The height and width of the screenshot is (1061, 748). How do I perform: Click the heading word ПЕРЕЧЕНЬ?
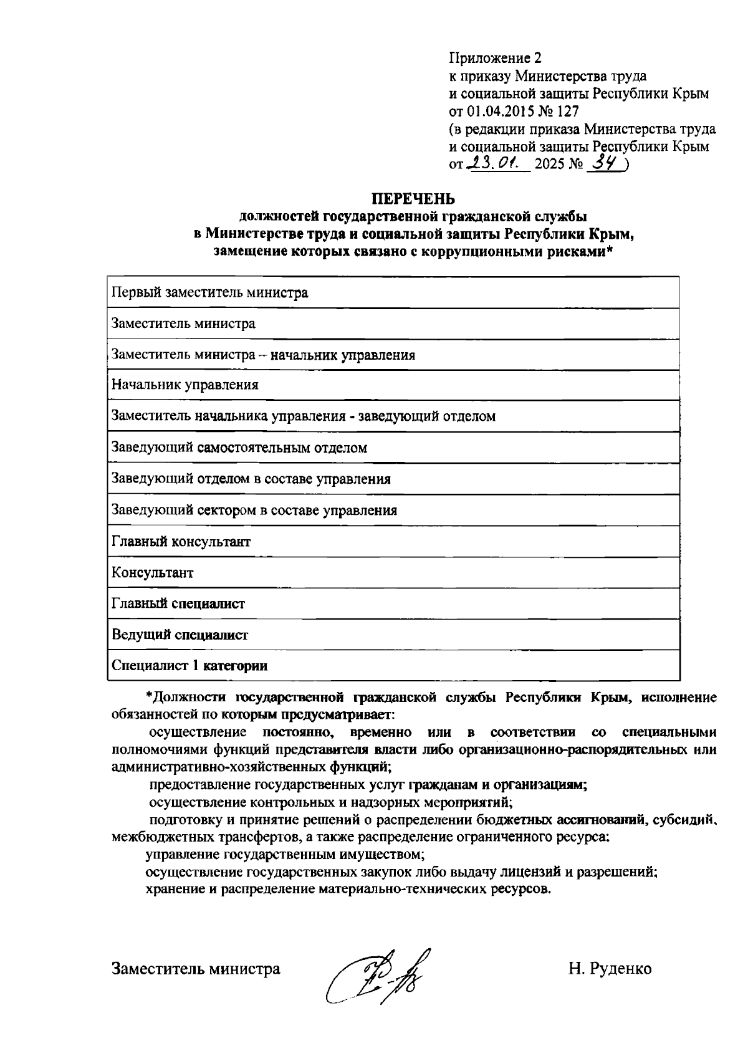click(413, 199)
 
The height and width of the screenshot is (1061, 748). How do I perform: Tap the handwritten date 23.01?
click(497, 164)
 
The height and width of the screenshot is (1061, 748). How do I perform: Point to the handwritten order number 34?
click(607, 163)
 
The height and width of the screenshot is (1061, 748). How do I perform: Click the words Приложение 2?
click(495, 58)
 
